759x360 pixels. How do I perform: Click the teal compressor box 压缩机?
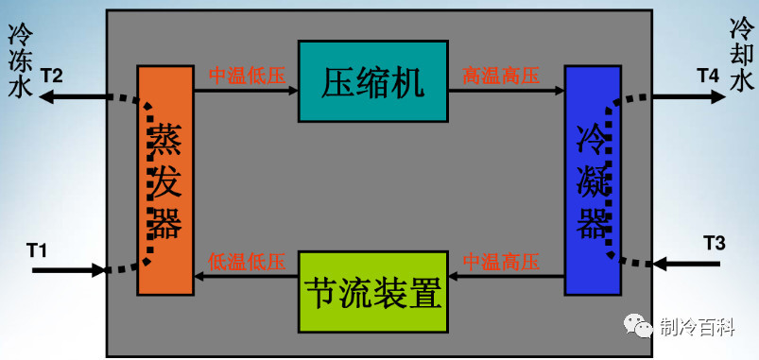pyautogui.click(x=372, y=81)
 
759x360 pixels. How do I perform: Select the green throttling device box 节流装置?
pyautogui.click(x=372, y=291)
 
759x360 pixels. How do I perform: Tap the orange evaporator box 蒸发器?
pyautogui.click(x=164, y=180)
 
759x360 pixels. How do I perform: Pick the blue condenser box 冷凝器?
pyautogui.click(x=594, y=180)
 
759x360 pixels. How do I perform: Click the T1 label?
pyautogui.click(x=37, y=249)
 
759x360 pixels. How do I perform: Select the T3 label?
pyautogui.click(x=715, y=244)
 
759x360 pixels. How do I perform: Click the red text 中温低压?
pyautogui.click(x=247, y=76)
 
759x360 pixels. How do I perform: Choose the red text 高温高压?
pyautogui.click(x=501, y=76)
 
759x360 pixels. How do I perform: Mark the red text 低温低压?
pyautogui.click(x=247, y=261)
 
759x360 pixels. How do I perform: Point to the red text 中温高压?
pyautogui.click(x=501, y=261)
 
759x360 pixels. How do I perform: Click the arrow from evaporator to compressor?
pyautogui.click(x=246, y=91)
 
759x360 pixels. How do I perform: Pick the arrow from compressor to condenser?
pyautogui.click(x=506, y=91)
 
